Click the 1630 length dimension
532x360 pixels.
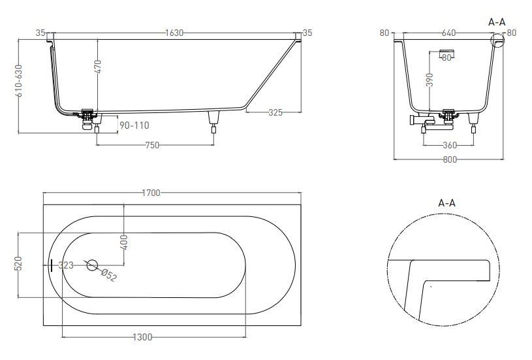[174, 33]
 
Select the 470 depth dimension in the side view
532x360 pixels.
[97, 67]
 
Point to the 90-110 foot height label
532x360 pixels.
[134, 125]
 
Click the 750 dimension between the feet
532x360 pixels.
[152, 145]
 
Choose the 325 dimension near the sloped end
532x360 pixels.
[275, 112]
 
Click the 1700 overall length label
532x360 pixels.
[151, 193]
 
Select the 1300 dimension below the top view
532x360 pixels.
[142, 337]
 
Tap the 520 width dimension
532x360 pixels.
[18, 263]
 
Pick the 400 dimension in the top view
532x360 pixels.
[124, 242]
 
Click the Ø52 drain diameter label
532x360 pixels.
[109, 276]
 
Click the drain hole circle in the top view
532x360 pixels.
[92, 265]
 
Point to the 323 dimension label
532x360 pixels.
[66, 265]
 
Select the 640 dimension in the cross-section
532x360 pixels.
[448, 33]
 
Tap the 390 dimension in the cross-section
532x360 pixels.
[430, 80]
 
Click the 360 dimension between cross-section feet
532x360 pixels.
[450, 145]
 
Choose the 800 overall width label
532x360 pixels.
[450, 159]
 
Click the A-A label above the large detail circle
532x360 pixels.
[447, 203]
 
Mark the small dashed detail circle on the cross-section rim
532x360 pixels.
[498, 40]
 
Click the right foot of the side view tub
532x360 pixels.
[213, 122]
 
